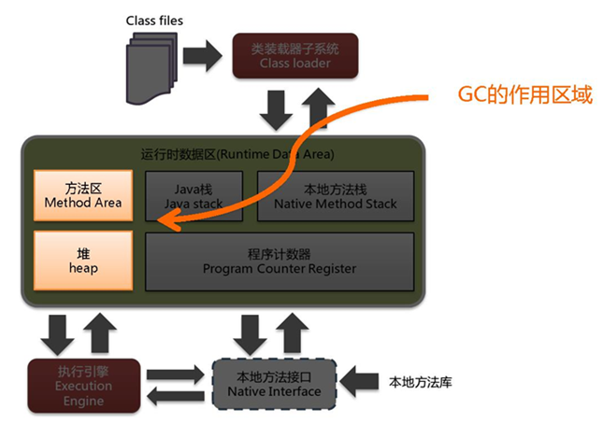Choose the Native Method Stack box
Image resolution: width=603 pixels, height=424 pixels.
click(x=336, y=194)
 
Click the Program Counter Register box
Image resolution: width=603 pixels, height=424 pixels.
click(x=280, y=261)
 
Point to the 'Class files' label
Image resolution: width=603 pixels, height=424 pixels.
click(x=154, y=20)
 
